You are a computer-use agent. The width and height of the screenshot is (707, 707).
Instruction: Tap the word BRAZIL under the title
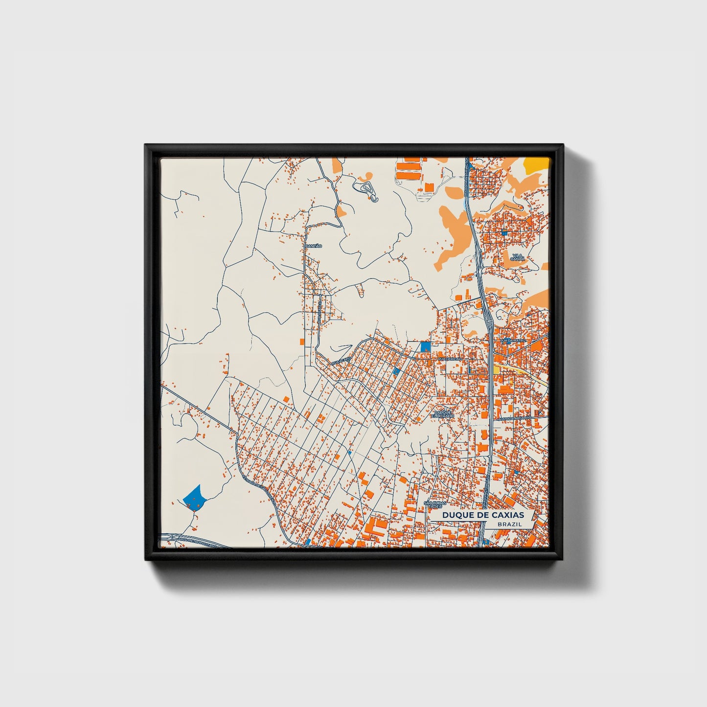click(x=509, y=524)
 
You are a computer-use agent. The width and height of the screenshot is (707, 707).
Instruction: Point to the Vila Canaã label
click(x=518, y=257)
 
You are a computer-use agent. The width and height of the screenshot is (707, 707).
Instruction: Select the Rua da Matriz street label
click(x=513, y=340)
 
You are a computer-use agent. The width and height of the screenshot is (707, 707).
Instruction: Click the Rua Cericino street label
click(x=450, y=359)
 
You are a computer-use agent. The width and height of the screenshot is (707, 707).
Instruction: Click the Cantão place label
click(x=313, y=246)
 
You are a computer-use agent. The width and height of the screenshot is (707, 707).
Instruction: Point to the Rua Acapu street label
click(x=341, y=360)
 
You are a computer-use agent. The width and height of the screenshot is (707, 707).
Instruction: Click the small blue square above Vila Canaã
click(x=503, y=232)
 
